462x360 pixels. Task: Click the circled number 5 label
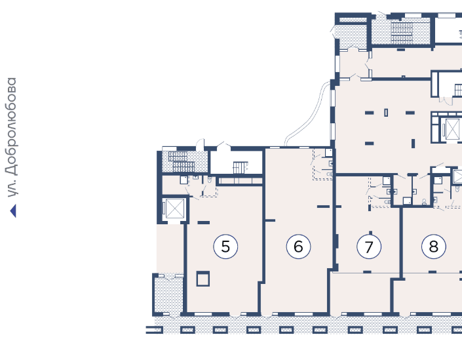click(225, 247)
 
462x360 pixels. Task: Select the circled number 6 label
click(298, 247)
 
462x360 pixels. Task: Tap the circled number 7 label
click(369, 247)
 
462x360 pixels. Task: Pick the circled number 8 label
click(434, 247)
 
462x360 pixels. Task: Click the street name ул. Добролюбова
click(12, 138)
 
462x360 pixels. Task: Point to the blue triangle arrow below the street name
click(13, 210)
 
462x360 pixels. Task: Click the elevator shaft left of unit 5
click(174, 209)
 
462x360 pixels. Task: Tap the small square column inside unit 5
click(203, 279)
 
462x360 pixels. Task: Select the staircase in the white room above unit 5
click(241, 167)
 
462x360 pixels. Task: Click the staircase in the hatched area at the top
click(402, 33)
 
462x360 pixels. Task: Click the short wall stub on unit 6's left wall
click(270, 220)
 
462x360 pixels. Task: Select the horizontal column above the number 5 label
click(204, 222)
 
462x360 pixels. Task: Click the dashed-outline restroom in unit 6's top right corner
click(322, 164)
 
